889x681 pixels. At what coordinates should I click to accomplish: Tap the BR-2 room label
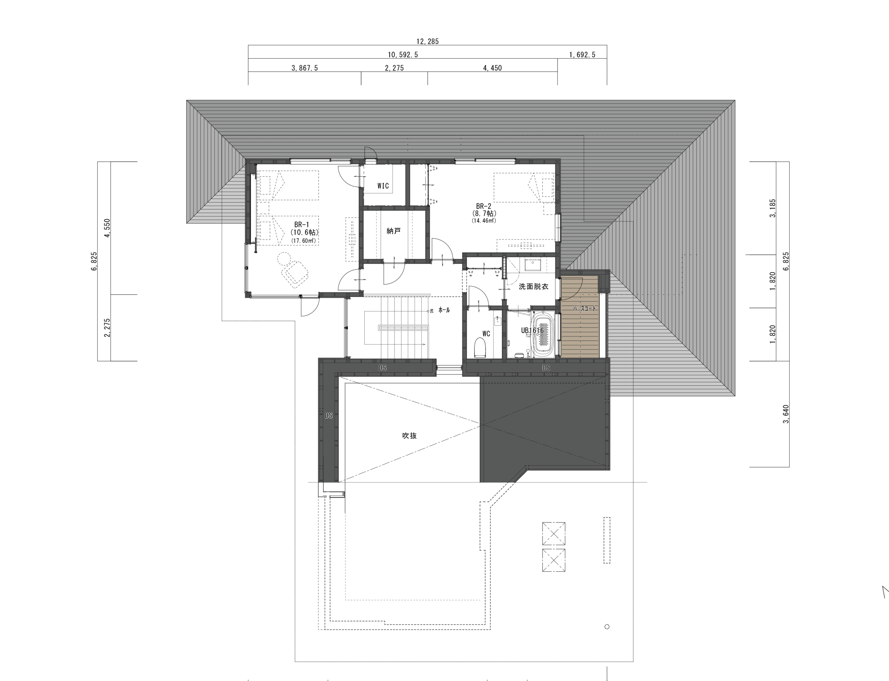coord(483,206)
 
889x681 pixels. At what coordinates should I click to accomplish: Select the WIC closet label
coord(383,186)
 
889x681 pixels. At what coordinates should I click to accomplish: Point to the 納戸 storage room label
coord(393,231)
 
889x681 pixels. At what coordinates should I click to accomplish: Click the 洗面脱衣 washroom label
coord(533,287)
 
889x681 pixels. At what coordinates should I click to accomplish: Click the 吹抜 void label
coord(409,436)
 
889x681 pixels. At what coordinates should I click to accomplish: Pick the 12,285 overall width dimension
coord(427,41)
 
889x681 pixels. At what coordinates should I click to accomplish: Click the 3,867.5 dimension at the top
coord(305,68)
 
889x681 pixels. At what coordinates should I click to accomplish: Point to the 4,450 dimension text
coord(492,68)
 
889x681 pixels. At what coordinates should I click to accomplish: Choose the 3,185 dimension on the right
coord(773,208)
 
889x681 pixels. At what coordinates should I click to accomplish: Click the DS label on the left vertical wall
coord(329,415)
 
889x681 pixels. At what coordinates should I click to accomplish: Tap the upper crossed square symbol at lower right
coord(554,534)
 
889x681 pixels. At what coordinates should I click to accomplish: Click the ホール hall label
coord(444,310)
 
